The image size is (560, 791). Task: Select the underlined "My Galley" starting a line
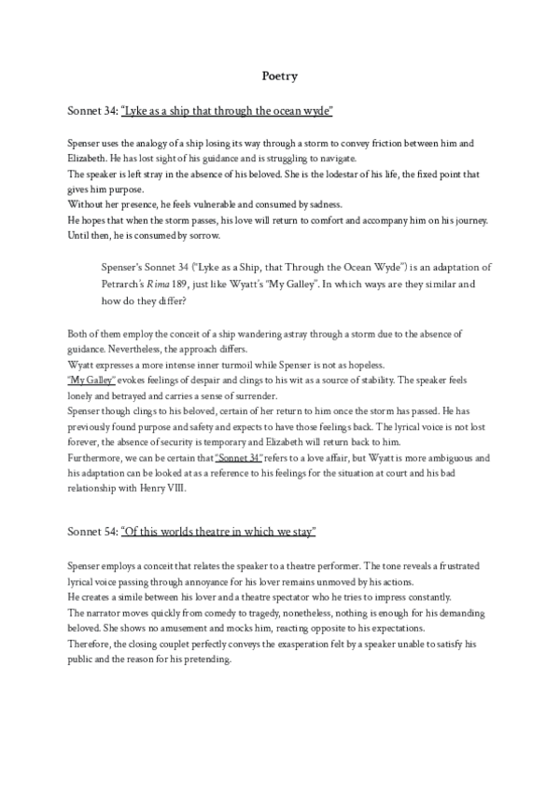pyautogui.click(x=91, y=380)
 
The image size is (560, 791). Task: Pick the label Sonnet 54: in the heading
pyautogui.click(x=92, y=532)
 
